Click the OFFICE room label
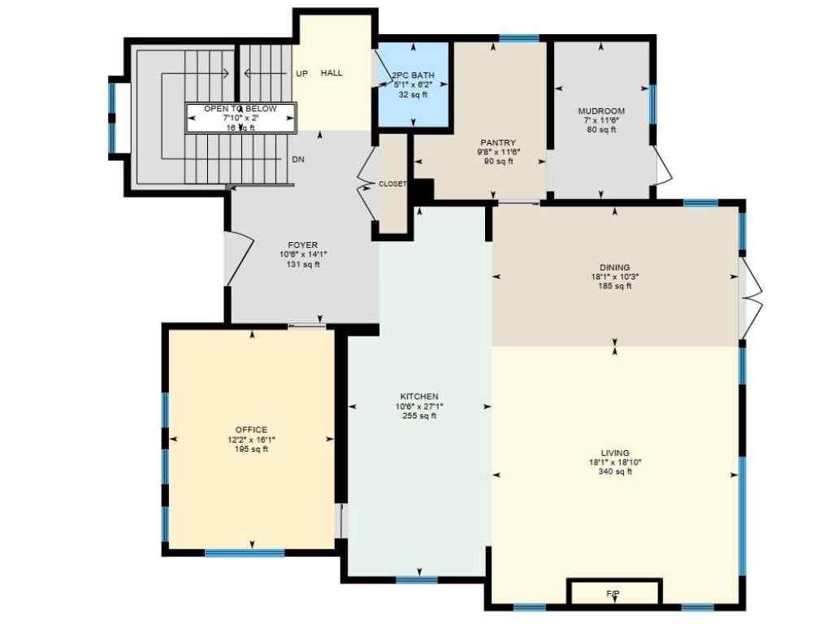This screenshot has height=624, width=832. (x=251, y=430)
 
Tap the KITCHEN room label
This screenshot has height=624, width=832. (x=419, y=396)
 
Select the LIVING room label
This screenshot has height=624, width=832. (x=615, y=453)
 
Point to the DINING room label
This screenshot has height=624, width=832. (x=614, y=266)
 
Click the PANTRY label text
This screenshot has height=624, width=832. (x=498, y=143)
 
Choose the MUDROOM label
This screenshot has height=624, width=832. (x=601, y=111)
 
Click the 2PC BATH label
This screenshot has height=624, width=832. (x=414, y=76)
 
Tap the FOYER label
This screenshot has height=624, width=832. (x=302, y=245)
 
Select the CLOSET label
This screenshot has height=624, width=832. (x=392, y=184)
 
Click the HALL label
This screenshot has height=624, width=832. (x=331, y=73)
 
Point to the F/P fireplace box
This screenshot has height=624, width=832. (x=613, y=593)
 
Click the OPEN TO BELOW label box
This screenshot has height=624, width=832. (x=240, y=118)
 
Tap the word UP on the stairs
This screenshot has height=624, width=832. (x=301, y=74)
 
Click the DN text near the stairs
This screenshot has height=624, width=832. (x=298, y=160)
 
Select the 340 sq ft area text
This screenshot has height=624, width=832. (x=615, y=472)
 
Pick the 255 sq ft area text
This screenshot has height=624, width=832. (x=419, y=416)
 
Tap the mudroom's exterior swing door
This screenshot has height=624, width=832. (x=665, y=167)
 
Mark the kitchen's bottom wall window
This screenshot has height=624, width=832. (x=417, y=579)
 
